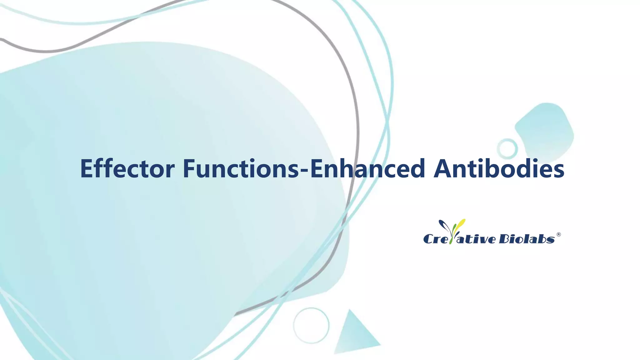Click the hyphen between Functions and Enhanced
point(304,170)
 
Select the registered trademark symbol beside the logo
point(559,234)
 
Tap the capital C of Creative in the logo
point(429,239)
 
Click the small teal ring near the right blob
point(507,148)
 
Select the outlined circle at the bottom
point(311,325)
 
